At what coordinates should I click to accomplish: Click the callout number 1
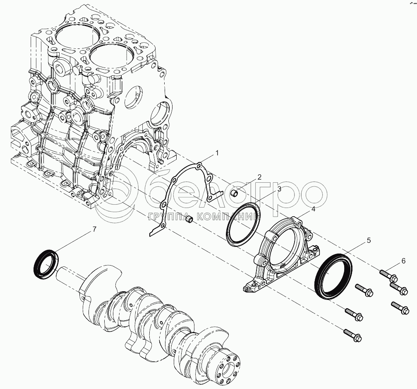(x=217, y=153)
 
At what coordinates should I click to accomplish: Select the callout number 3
(x=279, y=189)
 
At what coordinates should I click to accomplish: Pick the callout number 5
(x=369, y=240)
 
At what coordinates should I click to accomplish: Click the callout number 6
(x=403, y=261)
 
